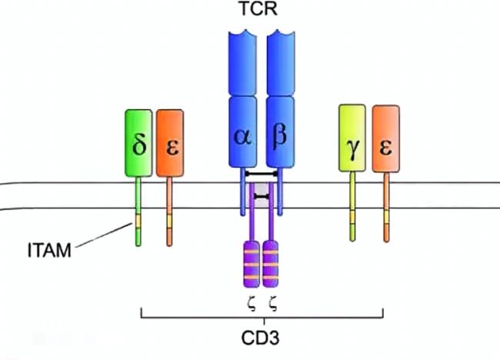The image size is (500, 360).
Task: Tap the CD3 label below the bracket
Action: pos(260,338)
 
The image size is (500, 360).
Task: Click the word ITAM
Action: pos(49,250)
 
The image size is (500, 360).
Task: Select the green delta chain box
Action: pos(138,143)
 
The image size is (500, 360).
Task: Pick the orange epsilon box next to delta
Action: pos(170,143)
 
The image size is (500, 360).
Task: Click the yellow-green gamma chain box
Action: pos(352,138)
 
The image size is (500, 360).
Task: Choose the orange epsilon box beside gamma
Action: pos(386,138)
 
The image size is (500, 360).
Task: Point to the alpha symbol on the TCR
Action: pos(242,138)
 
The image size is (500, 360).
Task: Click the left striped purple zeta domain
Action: pos(252,265)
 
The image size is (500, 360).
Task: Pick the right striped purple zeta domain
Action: pos(271,265)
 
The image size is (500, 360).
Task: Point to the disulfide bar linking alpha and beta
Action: pos(262,174)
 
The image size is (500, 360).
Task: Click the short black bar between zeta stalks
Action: pos(262,197)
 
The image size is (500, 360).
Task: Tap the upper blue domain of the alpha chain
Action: pos(242,62)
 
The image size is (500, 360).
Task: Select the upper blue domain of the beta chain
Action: pos(281,62)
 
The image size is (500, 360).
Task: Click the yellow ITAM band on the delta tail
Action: pos(138,221)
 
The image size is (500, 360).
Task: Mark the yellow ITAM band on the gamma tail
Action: pos(352,218)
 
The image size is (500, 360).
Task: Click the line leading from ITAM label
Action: pos(104,235)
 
